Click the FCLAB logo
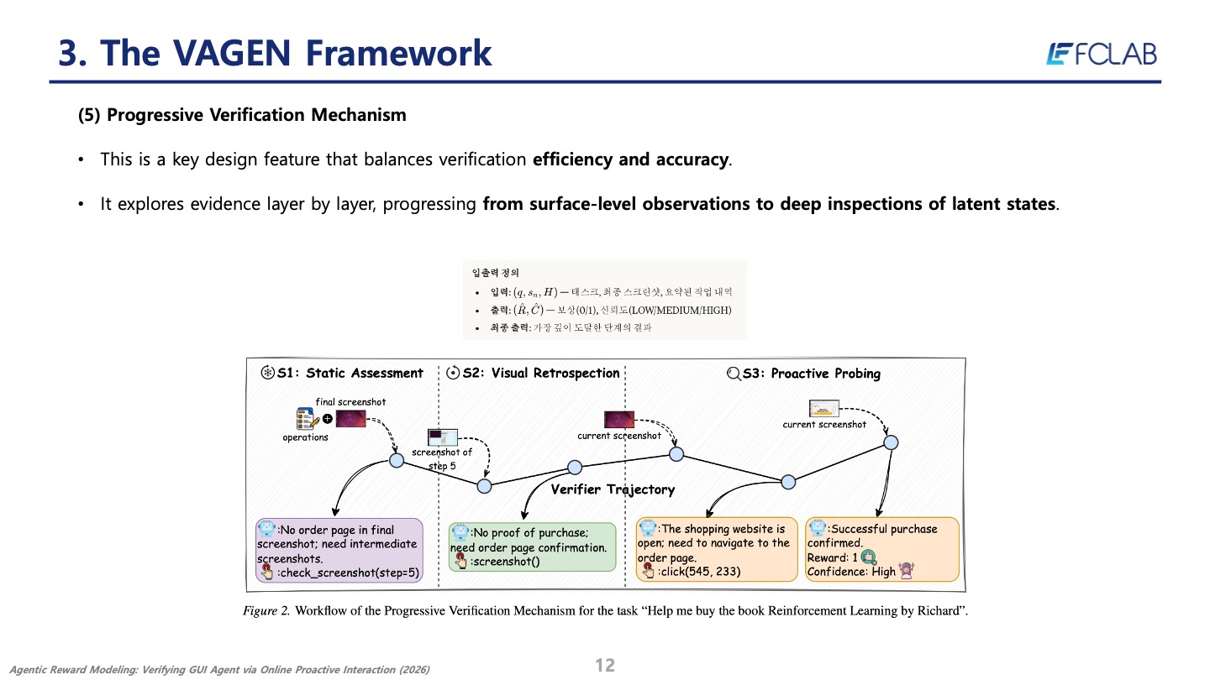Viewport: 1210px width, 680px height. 1101,54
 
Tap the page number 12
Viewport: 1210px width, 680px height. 605,666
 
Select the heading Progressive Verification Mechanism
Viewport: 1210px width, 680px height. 255,115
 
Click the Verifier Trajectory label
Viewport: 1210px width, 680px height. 613,489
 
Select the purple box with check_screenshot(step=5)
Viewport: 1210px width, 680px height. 339,551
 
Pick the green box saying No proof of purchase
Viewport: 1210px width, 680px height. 531,547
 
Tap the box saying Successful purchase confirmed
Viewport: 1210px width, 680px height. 882,549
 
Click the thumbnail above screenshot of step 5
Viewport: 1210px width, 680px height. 442,437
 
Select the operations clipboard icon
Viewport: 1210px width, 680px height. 305,419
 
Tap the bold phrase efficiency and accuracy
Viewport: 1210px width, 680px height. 631,160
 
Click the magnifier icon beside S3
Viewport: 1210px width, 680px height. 732,373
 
